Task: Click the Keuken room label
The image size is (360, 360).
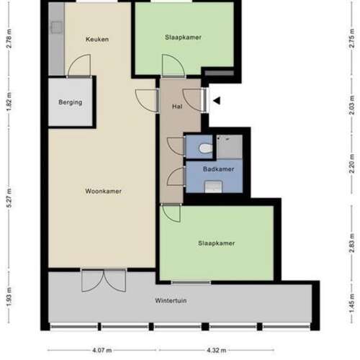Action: coord(97,39)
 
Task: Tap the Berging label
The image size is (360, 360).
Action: coord(71,102)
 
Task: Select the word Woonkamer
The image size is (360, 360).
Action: coord(103,192)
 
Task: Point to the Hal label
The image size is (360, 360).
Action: coord(176,107)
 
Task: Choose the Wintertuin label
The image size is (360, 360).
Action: coord(171,300)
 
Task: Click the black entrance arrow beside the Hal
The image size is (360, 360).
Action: coord(216,101)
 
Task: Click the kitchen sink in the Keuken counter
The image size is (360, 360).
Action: coord(55,27)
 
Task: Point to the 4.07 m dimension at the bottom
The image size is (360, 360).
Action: coord(102,351)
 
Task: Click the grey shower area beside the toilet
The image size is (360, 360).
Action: coord(230,148)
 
